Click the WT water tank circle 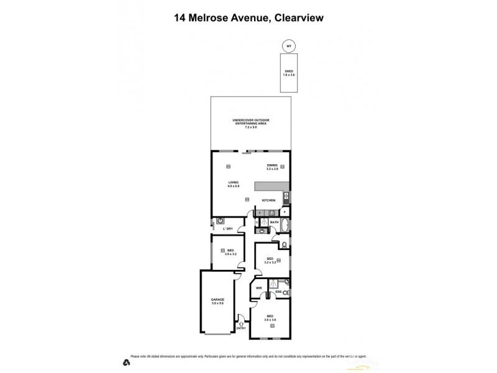[288, 45]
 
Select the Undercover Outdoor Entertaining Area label [251, 122]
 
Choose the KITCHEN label [268, 200]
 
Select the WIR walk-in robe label [258, 288]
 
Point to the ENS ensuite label [279, 292]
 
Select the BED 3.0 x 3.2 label [230, 252]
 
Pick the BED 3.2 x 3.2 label [270, 260]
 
